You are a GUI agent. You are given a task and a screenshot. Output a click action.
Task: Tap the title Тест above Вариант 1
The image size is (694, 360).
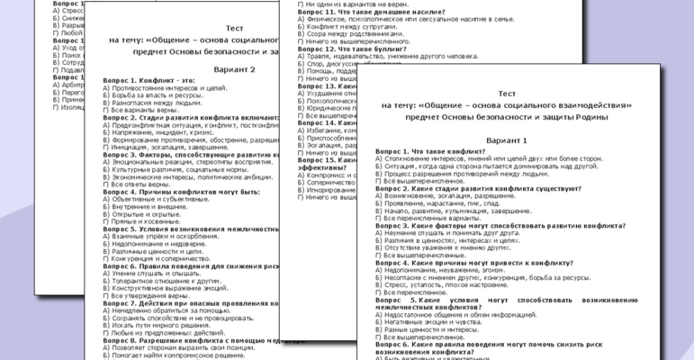tap(506, 94)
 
